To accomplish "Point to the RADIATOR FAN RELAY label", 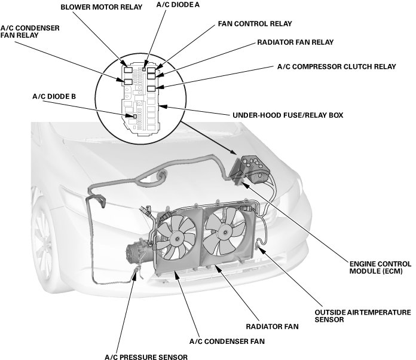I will coord(295,42).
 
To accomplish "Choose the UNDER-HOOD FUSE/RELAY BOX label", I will coord(283,114).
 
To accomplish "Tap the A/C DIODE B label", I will coord(54,96).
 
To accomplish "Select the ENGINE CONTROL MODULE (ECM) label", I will coord(380,267).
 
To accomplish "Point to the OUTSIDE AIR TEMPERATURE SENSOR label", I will coord(362,316).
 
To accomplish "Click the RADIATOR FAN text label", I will coord(271,327).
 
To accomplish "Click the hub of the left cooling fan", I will coord(178,237).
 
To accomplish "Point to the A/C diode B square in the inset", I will coord(128,116).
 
